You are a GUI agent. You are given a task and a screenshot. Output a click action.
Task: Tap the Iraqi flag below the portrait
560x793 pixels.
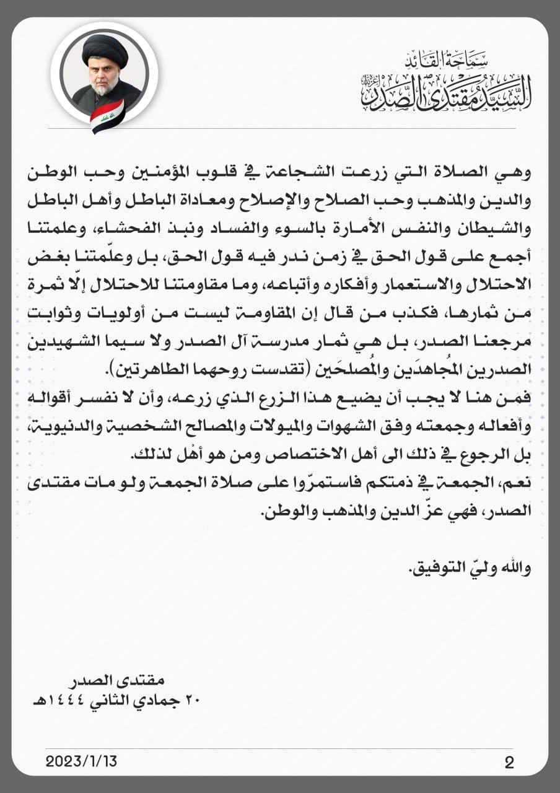(107, 116)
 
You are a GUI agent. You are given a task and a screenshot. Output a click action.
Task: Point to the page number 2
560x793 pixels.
(509, 762)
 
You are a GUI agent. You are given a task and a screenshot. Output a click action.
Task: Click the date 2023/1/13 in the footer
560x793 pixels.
(81, 761)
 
